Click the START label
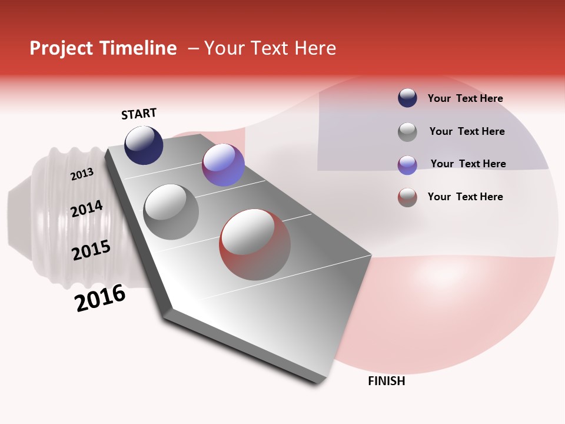pyautogui.click(x=139, y=114)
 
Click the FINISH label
pyautogui.click(x=386, y=381)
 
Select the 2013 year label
pyautogui.click(x=82, y=174)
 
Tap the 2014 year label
pyautogui.click(x=87, y=208)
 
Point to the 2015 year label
pyautogui.click(x=91, y=250)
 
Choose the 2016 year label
pyautogui.click(x=100, y=298)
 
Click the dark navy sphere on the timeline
pyautogui.click(x=144, y=145)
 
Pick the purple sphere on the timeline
pyautogui.click(x=223, y=165)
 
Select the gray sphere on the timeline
pyautogui.click(x=171, y=211)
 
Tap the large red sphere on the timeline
pyautogui.click(x=255, y=244)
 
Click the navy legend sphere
pyautogui.click(x=407, y=98)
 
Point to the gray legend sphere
pyautogui.click(x=407, y=132)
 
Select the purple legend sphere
pyautogui.click(x=407, y=165)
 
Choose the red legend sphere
pyautogui.click(x=407, y=197)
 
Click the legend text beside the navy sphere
pyautogui.click(x=465, y=98)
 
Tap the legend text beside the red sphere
pyautogui.click(x=465, y=197)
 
